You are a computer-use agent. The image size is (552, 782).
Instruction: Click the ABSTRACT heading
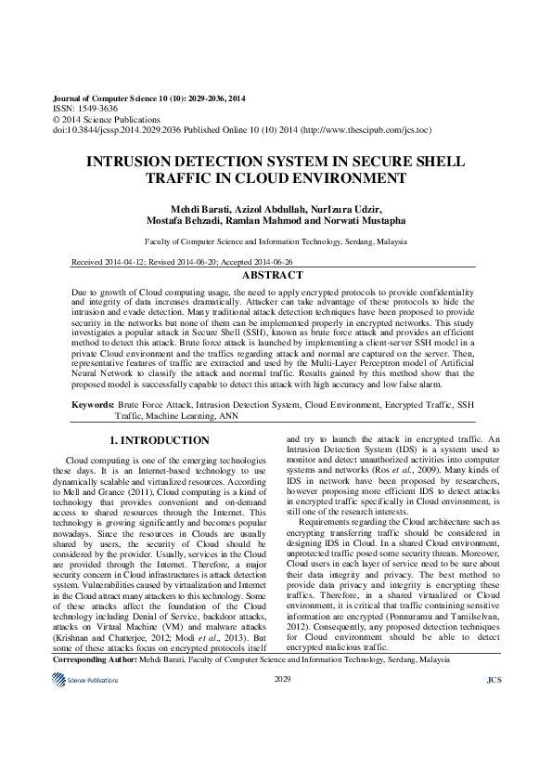(x=272, y=276)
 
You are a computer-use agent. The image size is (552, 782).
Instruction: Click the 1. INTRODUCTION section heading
(x=160, y=440)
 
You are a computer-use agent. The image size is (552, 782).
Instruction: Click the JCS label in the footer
(x=494, y=681)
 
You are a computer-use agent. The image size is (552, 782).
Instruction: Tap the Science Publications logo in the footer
(x=85, y=681)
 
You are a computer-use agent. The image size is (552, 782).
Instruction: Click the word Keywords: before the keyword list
(x=94, y=406)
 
